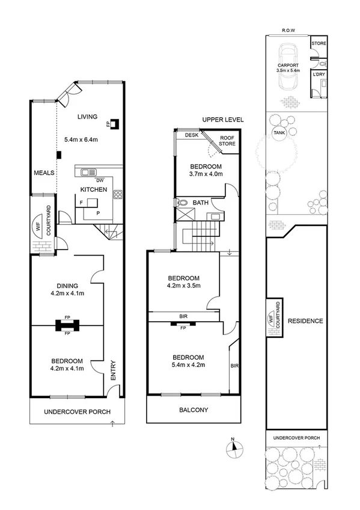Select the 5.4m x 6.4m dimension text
point(81,140)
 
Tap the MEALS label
point(44,173)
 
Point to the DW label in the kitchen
point(100,180)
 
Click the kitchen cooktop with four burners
point(118,194)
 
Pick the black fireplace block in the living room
point(114,124)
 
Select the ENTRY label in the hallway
point(113,369)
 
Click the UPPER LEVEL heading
point(223,120)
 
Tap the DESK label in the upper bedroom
point(191,135)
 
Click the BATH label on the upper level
point(201,203)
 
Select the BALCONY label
point(193,411)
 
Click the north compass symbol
point(234,447)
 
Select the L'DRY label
point(319,74)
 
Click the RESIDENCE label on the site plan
point(305,321)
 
